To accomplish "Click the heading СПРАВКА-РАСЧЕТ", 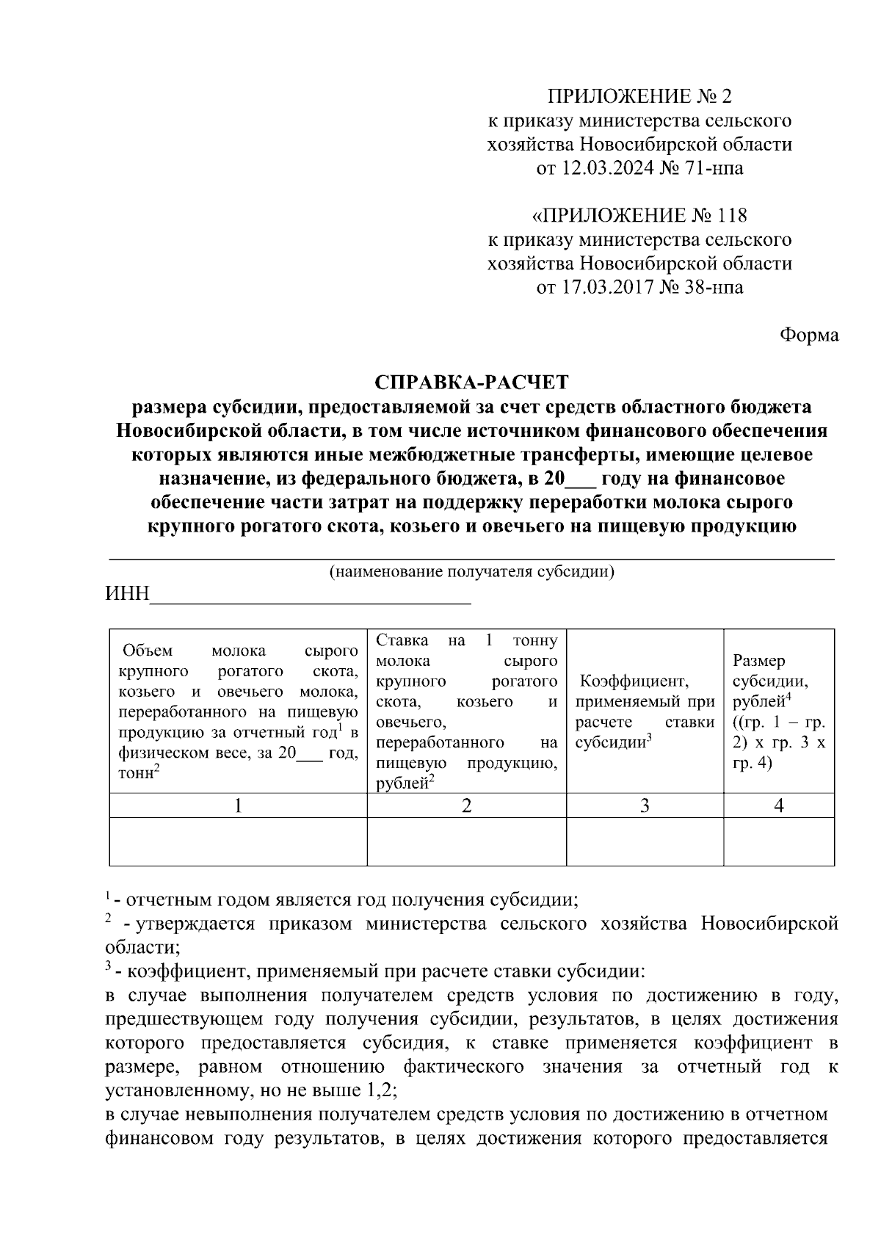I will click(472, 382).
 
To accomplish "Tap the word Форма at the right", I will click(808, 335).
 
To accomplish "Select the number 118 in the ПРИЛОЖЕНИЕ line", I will click(732, 216).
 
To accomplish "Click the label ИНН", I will click(127, 594).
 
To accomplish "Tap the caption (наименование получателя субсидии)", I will click(472, 572).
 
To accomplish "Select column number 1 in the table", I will click(238, 805).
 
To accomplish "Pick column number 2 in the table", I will click(466, 805).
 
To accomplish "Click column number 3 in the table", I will click(645, 805).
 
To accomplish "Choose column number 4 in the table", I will click(779, 805).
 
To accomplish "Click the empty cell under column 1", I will click(238, 841).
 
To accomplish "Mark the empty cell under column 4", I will click(779, 841).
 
